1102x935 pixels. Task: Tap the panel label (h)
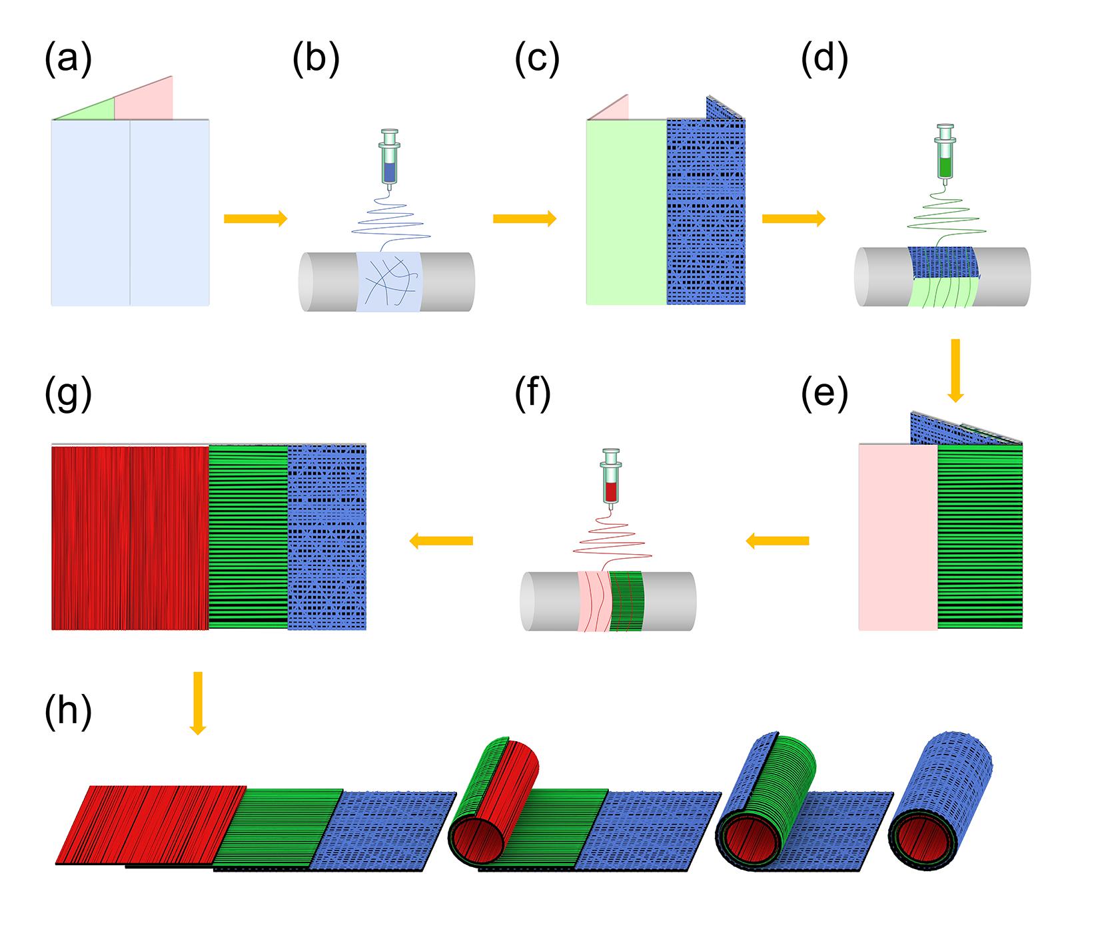click(x=67, y=711)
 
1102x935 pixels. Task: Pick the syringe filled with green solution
click(x=945, y=154)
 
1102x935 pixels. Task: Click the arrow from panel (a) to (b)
click(x=255, y=218)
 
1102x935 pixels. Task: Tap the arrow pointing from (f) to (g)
click(x=440, y=541)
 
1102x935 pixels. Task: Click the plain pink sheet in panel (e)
click(x=897, y=537)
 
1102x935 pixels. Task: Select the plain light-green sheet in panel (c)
click(x=626, y=212)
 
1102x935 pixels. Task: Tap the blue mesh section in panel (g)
click(x=327, y=537)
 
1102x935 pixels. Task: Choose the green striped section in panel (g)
click(x=248, y=537)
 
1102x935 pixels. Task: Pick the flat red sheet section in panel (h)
click(x=153, y=824)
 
